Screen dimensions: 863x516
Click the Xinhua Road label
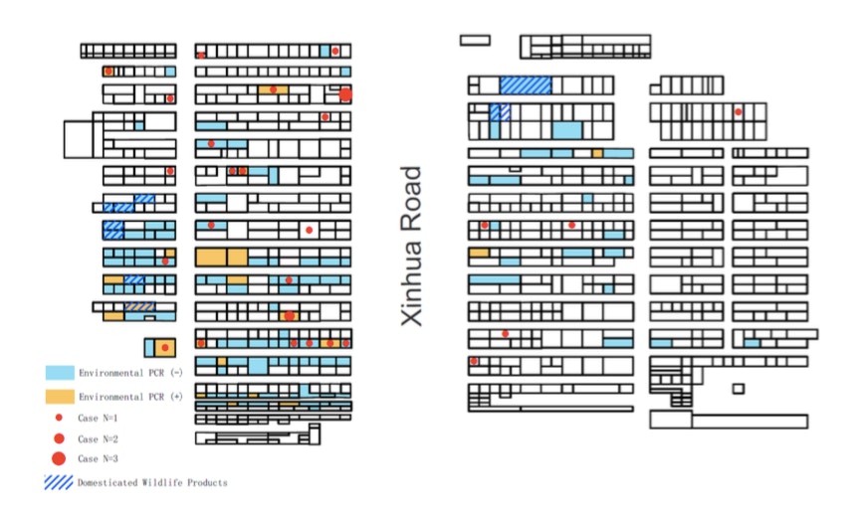point(412,246)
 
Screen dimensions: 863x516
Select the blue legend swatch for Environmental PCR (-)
point(60,373)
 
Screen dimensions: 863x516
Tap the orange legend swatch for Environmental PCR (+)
point(60,397)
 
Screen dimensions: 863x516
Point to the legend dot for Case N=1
point(59,418)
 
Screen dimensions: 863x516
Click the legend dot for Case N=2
point(59,438)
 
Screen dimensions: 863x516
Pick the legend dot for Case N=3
point(59,458)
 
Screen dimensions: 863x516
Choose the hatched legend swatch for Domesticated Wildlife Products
point(59,482)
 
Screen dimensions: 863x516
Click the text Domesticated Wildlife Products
point(152,482)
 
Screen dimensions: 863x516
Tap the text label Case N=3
point(98,458)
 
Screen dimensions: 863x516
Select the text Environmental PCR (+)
point(130,397)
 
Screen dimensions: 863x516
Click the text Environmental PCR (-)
point(130,373)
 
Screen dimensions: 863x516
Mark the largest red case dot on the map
point(345,94)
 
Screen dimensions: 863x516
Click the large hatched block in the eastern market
point(526,86)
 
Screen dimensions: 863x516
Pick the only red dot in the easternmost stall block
point(738,112)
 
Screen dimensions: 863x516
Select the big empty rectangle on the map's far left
point(79,139)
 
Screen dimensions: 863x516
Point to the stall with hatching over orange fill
point(139,306)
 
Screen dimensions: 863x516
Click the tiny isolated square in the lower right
point(739,389)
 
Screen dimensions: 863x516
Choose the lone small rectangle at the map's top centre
point(475,40)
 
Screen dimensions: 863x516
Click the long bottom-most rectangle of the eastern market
point(750,422)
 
